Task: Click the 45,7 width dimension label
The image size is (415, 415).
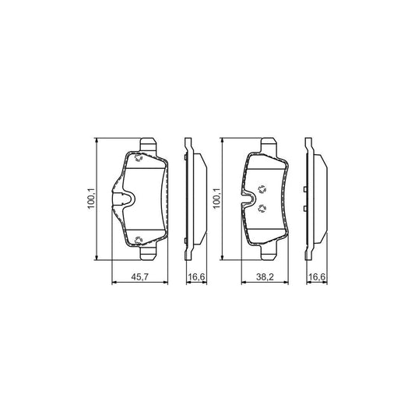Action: click(x=140, y=277)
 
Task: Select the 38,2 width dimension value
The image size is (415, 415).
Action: click(x=265, y=277)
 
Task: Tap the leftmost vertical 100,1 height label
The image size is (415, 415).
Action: click(x=91, y=199)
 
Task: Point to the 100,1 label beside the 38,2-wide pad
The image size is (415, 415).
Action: click(x=217, y=199)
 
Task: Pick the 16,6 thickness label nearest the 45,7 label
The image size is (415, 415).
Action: click(x=196, y=277)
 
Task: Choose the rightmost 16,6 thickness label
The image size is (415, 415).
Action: click(x=317, y=277)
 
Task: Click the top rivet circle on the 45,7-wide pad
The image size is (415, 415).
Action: click(x=138, y=158)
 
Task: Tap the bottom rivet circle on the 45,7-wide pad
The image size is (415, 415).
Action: click(x=138, y=241)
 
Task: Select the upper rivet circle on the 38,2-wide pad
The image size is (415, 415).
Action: click(x=262, y=189)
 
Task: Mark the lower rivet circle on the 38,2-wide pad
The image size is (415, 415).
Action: click(x=262, y=209)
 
